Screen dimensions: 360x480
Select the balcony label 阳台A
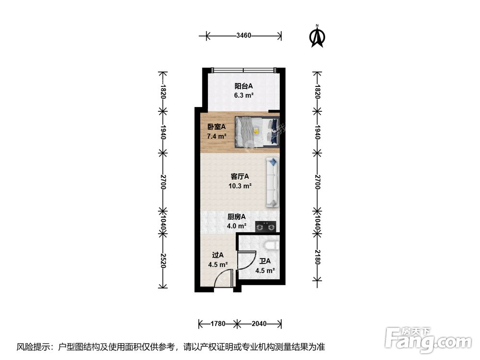(243, 86)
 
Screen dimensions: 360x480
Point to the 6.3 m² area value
(243, 95)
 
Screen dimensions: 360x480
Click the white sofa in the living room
(272, 182)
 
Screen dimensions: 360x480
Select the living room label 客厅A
(240, 177)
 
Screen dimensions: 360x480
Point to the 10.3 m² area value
(240, 186)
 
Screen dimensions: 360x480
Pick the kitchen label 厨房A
(237, 216)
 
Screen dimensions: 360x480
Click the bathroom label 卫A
(265, 261)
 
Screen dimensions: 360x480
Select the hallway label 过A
(217, 255)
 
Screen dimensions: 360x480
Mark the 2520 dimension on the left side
(163, 261)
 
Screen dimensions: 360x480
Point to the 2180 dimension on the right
(317, 257)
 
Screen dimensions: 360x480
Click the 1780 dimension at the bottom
(217, 324)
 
